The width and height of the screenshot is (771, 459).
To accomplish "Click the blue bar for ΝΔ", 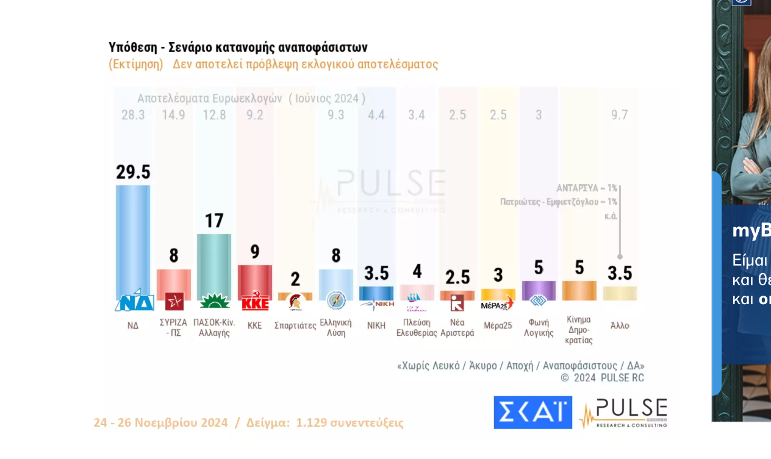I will pyautogui.click(x=133, y=238).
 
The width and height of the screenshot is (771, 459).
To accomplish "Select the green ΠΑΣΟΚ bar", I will pyautogui.click(x=214, y=262).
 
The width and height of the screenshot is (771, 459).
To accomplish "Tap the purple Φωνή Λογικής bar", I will pyautogui.click(x=539, y=289).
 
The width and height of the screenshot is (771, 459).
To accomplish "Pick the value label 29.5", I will pyautogui.click(x=133, y=173).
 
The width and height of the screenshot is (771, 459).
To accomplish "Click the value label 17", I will pyautogui.click(x=214, y=221).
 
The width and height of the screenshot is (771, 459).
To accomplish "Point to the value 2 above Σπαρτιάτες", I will pyautogui.click(x=295, y=279).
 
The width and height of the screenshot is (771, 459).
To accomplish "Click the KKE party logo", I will pyautogui.click(x=255, y=302).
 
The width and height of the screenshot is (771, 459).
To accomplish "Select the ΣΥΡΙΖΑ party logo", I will pyautogui.click(x=174, y=301).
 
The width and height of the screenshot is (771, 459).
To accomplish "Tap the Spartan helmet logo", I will pyautogui.click(x=295, y=302).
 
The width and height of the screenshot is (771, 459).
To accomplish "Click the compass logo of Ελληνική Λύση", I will pyautogui.click(x=336, y=301).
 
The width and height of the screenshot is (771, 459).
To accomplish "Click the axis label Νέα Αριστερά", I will pyautogui.click(x=457, y=328).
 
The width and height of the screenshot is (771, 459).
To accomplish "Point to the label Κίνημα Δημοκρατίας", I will pyautogui.click(x=579, y=330).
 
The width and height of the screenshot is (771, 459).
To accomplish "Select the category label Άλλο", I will pyautogui.click(x=620, y=326).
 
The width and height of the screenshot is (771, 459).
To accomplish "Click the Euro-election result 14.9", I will pyautogui.click(x=174, y=115).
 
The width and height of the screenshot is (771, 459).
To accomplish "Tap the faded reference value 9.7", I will pyautogui.click(x=620, y=115).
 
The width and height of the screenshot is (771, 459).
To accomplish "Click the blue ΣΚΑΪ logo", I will pyautogui.click(x=533, y=413).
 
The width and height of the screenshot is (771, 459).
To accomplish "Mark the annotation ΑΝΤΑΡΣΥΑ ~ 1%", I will pyautogui.click(x=587, y=188).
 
